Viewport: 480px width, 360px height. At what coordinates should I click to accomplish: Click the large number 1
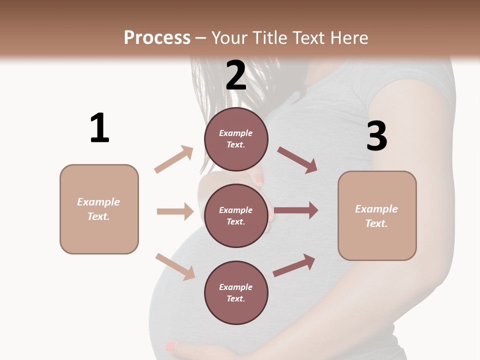pyautogui.click(x=99, y=128)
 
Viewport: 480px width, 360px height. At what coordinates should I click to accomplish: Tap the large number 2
pyautogui.click(x=236, y=75)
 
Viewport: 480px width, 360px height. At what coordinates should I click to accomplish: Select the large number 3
pyautogui.click(x=377, y=136)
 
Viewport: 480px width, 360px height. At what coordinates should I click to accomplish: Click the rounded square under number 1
pyautogui.click(x=99, y=209)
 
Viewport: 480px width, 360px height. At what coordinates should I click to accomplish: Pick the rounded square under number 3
pyautogui.click(x=377, y=216)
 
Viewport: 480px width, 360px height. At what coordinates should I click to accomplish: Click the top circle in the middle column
pyautogui.click(x=236, y=139)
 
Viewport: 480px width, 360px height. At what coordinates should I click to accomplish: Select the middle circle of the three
pyautogui.click(x=236, y=215)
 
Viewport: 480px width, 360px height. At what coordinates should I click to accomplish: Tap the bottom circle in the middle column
pyautogui.click(x=236, y=292)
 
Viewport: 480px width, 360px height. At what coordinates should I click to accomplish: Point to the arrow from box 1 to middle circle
pyautogui.click(x=175, y=211)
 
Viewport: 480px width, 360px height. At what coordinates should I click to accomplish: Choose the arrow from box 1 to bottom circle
pyautogui.click(x=175, y=266)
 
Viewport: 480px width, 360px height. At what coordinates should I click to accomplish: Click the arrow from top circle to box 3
pyautogui.click(x=297, y=159)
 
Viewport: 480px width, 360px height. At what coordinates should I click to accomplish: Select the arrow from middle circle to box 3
pyautogui.click(x=296, y=210)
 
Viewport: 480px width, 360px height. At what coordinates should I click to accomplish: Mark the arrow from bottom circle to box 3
pyautogui.click(x=294, y=265)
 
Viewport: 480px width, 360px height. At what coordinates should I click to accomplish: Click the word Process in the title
pyautogui.click(x=157, y=37)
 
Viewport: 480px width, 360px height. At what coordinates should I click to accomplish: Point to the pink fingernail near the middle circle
pyautogui.click(x=259, y=179)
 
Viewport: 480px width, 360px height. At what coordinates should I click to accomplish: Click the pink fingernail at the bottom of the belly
pyautogui.click(x=170, y=345)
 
